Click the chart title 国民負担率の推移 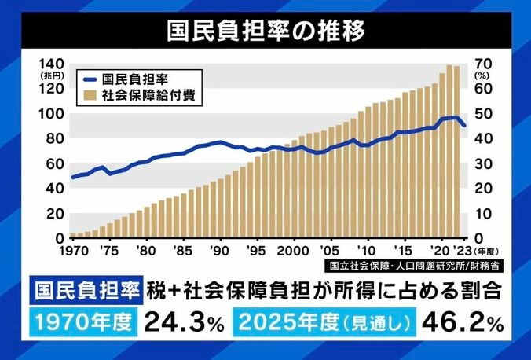click(x=265, y=31)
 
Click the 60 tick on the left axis click(x=55, y=163)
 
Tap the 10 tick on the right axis click(x=478, y=213)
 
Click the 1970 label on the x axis click(x=74, y=251)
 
